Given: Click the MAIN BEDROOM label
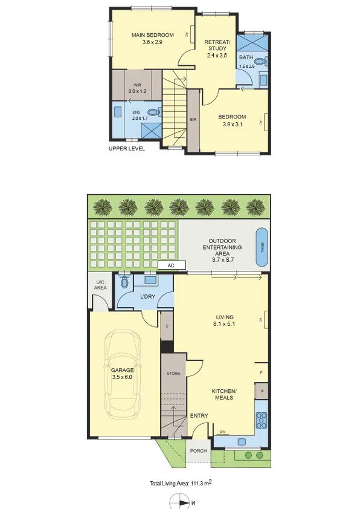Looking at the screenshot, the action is [x=152, y=35].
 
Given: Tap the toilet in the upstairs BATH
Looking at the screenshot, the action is [x=261, y=60].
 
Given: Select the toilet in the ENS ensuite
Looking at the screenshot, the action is [x=155, y=112].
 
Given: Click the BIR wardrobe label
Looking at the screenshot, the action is [x=193, y=120].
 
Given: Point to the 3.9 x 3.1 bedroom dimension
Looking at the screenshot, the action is [x=232, y=125].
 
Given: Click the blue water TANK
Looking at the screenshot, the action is [x=262, y=247].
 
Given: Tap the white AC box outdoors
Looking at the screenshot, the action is [x=172, y=265].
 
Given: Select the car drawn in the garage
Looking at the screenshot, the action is [x=122, y=374].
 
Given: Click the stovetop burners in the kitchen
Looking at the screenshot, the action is [x=262, y=420].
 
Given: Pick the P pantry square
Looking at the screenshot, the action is [x=262, y=391].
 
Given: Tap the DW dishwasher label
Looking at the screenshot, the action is [x=222, y=432].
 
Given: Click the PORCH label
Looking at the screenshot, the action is [x=198, y=451].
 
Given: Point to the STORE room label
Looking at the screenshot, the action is [x=173, y=374].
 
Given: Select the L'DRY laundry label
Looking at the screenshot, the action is [x=147, y=296].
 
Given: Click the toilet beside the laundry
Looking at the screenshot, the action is [x=124, y=281].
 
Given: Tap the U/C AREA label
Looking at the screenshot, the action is [x=100, y=285].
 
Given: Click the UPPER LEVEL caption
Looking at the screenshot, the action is [x=127, y=149].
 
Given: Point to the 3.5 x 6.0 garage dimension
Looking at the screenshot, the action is [x=122, y=377].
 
